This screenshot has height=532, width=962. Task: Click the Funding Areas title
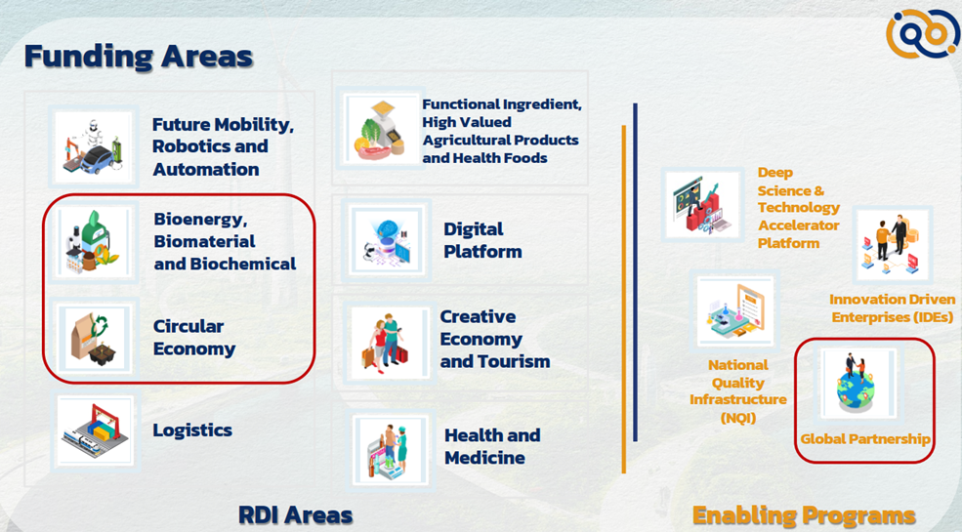139,57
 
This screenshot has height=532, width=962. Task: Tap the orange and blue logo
922,33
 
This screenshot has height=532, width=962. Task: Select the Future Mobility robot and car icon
93,146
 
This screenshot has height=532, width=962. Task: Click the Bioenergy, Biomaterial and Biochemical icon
93,241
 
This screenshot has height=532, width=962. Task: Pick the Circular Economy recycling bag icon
94,337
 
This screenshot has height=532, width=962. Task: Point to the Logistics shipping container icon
95,430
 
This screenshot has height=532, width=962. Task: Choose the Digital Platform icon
387,240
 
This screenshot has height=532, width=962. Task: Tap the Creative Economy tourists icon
390,342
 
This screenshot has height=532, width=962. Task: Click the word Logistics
192,430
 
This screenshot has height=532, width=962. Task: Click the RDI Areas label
295,514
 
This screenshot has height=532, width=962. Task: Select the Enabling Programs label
804,515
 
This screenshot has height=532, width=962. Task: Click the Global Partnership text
865,439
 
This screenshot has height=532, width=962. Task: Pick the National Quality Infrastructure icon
735,310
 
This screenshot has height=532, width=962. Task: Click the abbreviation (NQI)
737,418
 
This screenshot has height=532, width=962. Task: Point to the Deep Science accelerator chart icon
702,204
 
